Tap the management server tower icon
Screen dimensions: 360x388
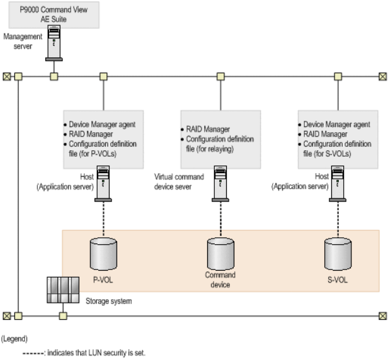[x=54, y=47]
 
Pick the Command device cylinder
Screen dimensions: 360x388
[x=220, y=254]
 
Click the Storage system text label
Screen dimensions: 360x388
[x=109, y=301]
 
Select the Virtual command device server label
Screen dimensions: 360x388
[x=179, y=182]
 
